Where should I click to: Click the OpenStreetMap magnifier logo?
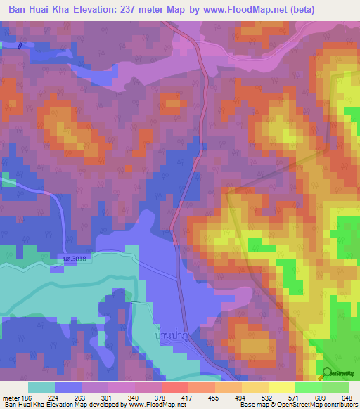(328, 373)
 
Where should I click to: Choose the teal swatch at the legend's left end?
(41, 387)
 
